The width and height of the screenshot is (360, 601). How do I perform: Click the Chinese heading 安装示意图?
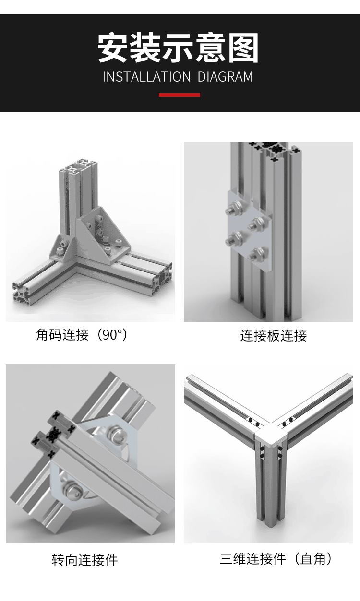(178, 48)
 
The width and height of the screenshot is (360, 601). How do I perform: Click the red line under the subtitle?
(179, 95)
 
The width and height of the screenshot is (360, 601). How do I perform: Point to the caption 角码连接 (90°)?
(82, 334)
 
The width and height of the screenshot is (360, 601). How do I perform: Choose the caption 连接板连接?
(273, 335)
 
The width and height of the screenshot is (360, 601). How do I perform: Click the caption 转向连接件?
(84, 560)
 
